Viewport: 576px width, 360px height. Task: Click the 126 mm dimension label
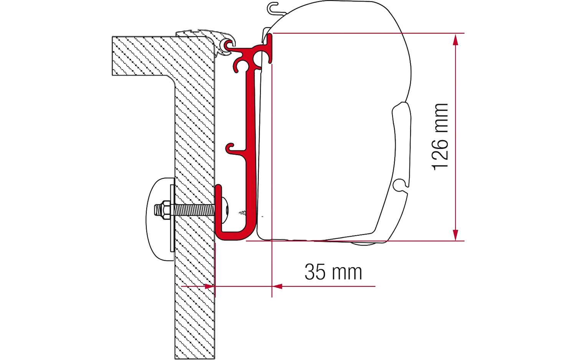tap(440, 137)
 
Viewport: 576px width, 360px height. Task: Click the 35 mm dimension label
tap(333, 272)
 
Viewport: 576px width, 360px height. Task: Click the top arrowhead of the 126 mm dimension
tap(455, 40)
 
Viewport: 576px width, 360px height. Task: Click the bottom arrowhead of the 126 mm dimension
tap(455, 235)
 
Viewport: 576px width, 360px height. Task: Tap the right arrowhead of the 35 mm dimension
tap(277, 286)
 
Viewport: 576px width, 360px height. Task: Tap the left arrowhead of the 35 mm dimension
tap(210, 286)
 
